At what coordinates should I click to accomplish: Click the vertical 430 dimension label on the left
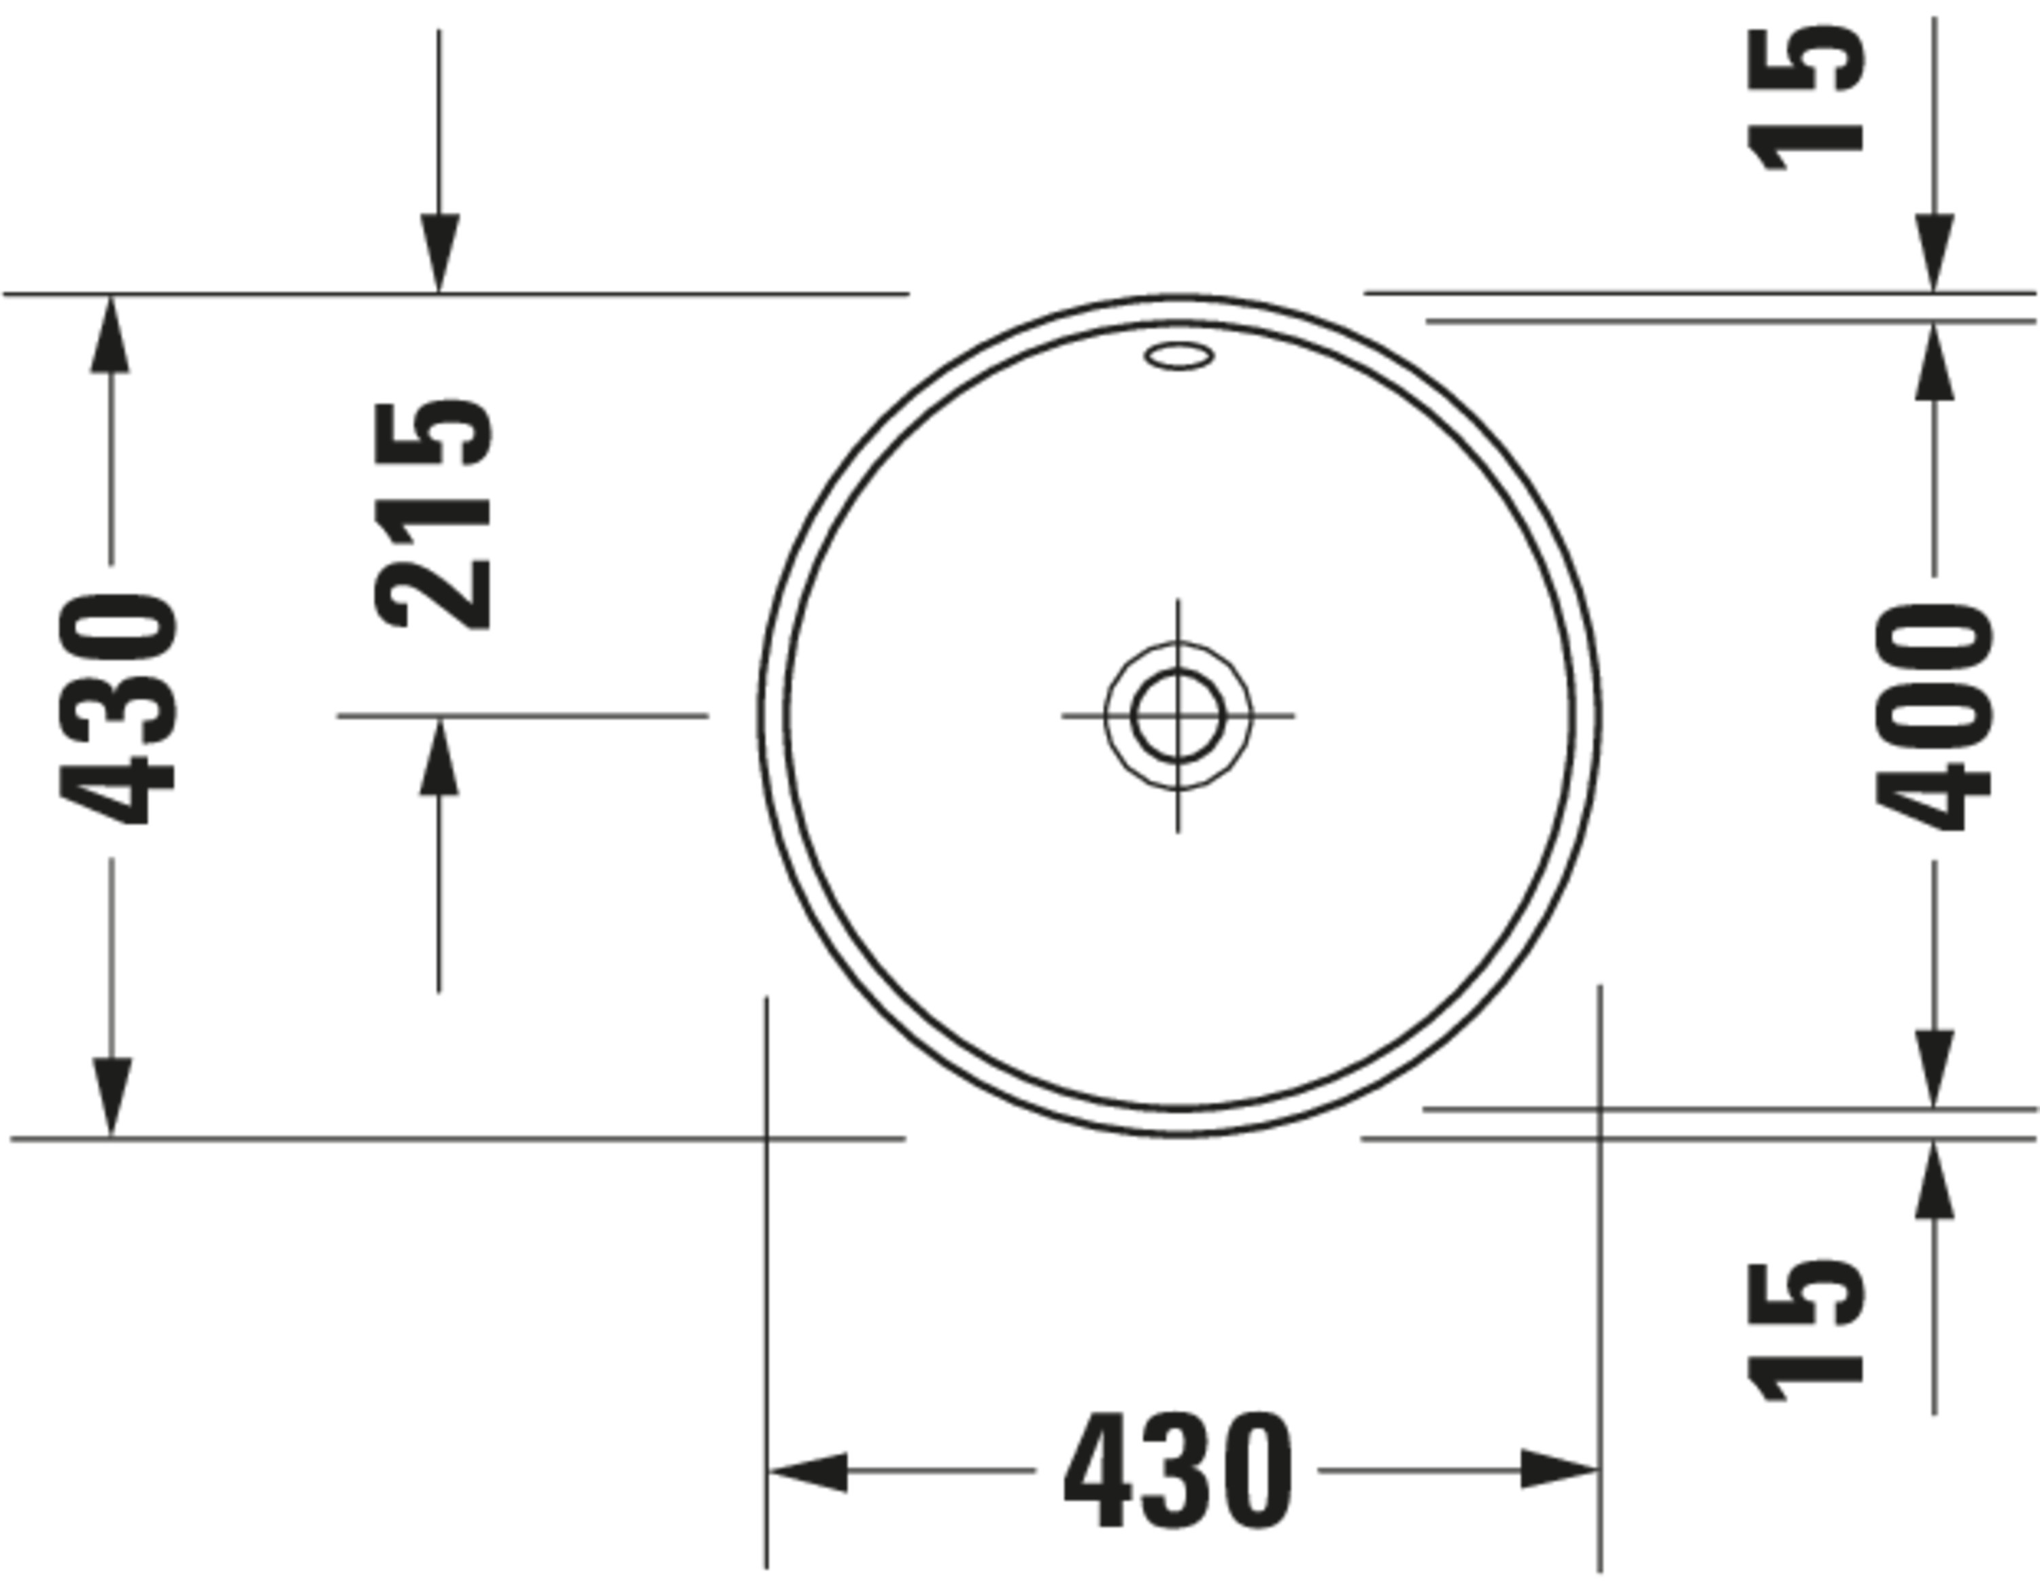point(118,710)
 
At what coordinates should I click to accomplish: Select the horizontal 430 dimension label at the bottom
point(1178,1471)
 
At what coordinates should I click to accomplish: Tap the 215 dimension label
point(433,515)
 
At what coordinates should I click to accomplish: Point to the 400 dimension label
point(1933,717)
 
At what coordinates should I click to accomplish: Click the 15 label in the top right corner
point(1805,101)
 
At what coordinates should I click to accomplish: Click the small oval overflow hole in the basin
point(1179,356)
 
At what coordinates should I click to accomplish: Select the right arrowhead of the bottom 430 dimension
point(1558,1470)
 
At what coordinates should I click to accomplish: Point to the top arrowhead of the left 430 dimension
point(110,334)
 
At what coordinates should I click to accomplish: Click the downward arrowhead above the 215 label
point(439,252)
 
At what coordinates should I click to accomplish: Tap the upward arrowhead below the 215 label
point(439,757)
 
